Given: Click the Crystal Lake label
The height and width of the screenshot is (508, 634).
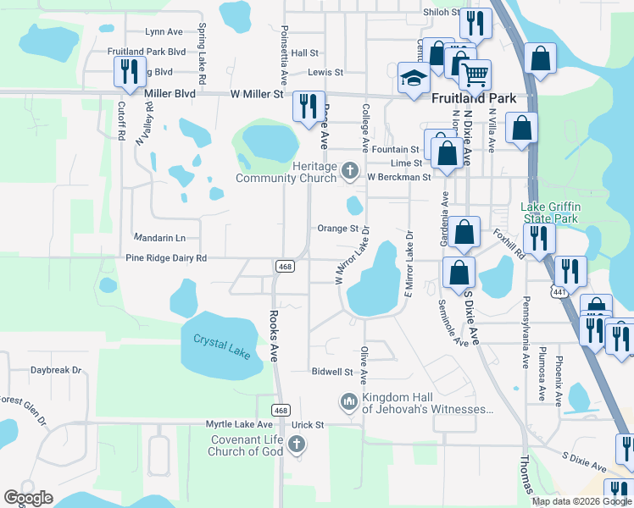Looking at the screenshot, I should click(x=222, y=346).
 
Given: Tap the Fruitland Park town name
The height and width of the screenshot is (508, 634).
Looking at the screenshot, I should click(x=474, y=98).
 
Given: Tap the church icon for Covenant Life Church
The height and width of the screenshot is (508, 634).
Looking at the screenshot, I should click(x=296, y=444).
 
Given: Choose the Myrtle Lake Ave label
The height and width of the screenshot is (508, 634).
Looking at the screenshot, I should click(x=239, y=424).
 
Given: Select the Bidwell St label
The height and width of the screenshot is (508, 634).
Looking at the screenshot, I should click(x=331, y=372).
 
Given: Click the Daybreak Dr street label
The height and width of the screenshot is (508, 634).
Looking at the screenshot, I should click(x=56, y=370).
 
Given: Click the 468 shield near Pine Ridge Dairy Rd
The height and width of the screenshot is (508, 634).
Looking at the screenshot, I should click(x=284, y=266).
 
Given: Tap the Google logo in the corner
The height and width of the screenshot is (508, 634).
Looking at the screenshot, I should click(x=28, y=498).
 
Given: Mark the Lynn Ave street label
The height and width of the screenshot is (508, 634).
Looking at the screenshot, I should click(x=164, y=32).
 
